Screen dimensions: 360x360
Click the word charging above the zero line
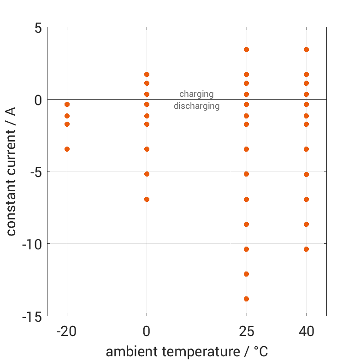coord(196,94)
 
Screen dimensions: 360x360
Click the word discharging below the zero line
coord(196,106)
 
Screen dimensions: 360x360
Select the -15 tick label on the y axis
coord(32,317)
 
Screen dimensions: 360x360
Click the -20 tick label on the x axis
coord(67,331)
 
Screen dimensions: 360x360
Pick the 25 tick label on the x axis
coord(246,331)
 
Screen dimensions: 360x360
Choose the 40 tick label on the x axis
coord(306,331)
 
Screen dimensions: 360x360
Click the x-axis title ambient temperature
coord(187,352)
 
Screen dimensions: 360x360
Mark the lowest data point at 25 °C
coord(246,299)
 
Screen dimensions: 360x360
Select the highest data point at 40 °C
coord(306,49)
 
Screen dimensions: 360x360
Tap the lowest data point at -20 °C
coord(67,149)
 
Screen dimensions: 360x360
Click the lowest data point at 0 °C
coord(147,199)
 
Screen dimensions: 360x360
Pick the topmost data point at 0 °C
coord(147,74)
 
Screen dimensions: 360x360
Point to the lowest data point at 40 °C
coord(306,249)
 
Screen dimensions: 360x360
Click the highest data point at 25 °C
coord(246,49)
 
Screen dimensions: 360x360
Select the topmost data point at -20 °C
coord(67,105)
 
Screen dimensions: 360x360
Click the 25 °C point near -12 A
coord(246,274)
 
